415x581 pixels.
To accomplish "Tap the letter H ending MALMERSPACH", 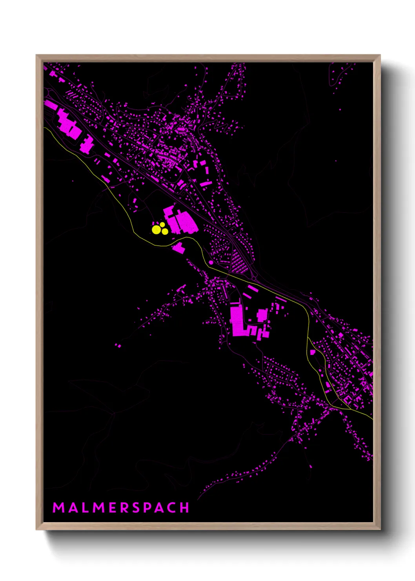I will [x=184, y=508].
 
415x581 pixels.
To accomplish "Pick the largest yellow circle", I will [x=156, y=230].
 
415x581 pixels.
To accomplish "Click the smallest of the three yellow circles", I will [x=162, y=225].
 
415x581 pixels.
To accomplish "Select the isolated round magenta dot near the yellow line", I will [x=211, y=262].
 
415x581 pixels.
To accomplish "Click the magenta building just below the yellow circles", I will [x=178, y=248].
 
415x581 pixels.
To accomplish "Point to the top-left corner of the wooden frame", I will [x=37, y=56].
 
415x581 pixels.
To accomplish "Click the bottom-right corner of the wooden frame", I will [x=380, y=529].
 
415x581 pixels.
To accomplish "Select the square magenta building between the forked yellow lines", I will [x=313, y=352].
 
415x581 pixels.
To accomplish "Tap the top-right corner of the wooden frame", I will [x=380, y=56].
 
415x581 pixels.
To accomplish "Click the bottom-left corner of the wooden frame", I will [x=37, y=529].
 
